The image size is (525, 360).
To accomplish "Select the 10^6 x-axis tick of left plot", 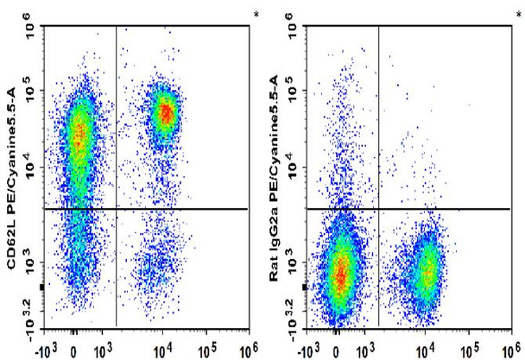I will click(x=247, y=349).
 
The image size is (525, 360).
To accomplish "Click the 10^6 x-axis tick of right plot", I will click(x=510, y=349).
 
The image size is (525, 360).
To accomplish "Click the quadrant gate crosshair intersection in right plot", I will click(x=379, y=209).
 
